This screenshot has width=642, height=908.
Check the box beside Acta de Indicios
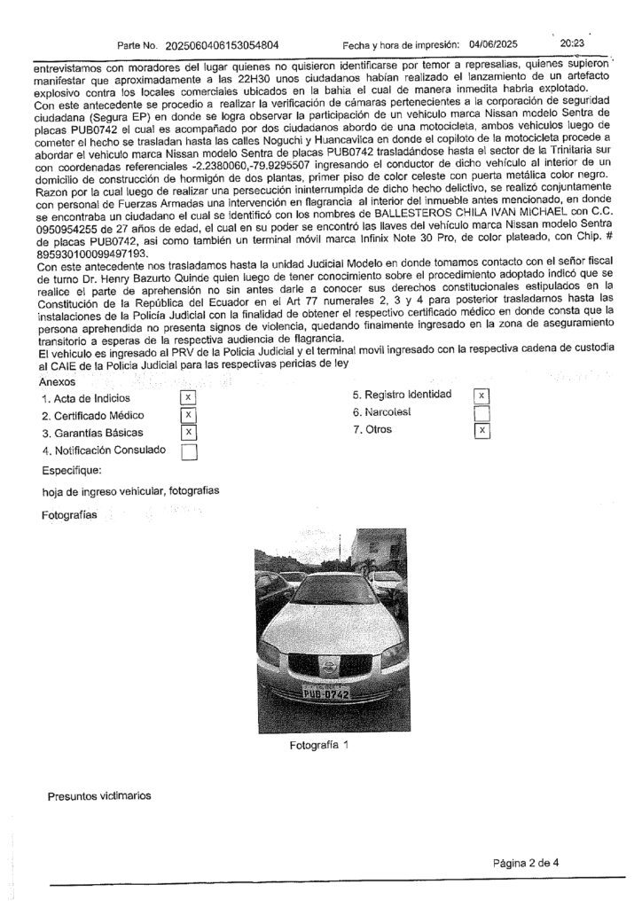(187, 397)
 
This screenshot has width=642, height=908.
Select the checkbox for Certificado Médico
(187, 415)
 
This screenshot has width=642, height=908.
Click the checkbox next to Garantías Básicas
(187, 433)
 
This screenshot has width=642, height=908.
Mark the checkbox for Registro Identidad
(481, 395)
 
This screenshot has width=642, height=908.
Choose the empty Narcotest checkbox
(481, 413)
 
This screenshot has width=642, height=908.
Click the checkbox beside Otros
(481, 431)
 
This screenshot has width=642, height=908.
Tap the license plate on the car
(325, 693)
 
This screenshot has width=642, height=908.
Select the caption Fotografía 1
(320, 746)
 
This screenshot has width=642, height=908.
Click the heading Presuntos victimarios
(98, 795)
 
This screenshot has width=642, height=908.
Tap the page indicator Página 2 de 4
(531, 862)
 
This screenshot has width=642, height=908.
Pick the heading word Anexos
(58, 380)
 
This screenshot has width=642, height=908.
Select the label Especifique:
(72, 471)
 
